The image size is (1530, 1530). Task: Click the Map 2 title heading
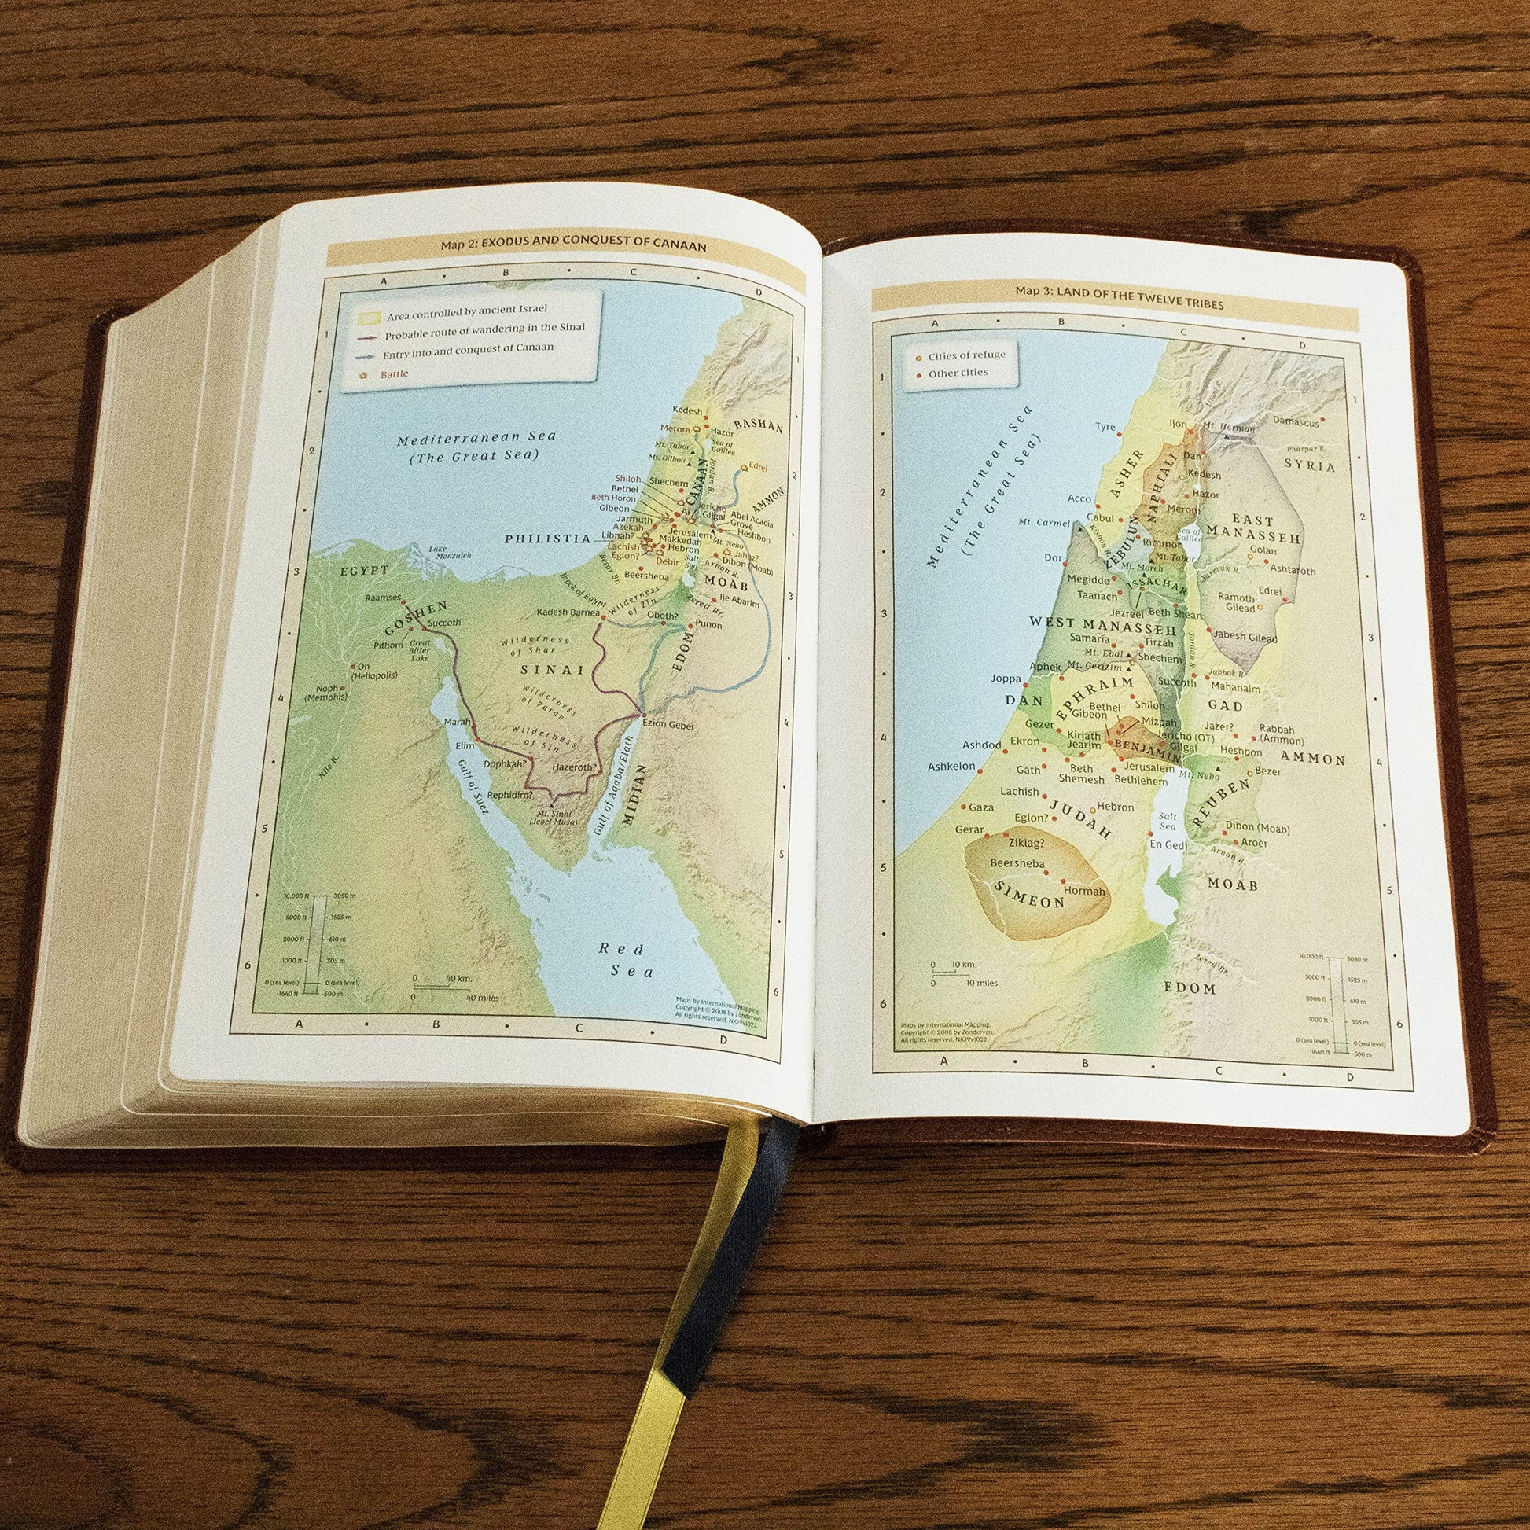point(572,246)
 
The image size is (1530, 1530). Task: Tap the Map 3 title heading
point(1119,303)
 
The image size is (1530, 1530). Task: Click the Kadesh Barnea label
point(568,612)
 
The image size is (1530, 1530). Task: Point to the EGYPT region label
point(365,570)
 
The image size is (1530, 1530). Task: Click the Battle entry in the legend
point(394,373)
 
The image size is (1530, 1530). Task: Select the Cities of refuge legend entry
point(966,355)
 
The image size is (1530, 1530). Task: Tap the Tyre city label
point(1105,427)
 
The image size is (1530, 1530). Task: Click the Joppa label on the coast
point(1006,678)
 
